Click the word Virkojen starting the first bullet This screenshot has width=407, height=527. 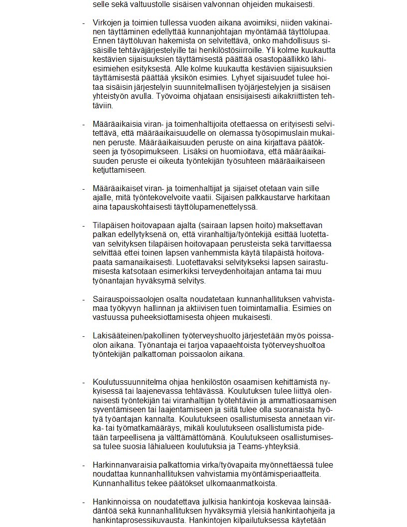tap(107, 23)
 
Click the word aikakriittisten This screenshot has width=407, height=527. tap(291, 96)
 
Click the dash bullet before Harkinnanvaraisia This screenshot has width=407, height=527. tap(84, 465)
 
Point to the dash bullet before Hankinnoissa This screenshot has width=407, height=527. tap(84, 502)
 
